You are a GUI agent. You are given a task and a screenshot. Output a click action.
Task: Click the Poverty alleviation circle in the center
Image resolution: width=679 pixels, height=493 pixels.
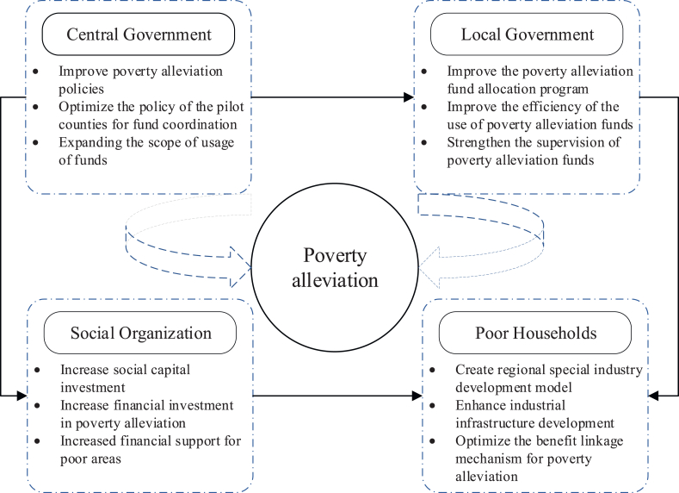tap(335, 269)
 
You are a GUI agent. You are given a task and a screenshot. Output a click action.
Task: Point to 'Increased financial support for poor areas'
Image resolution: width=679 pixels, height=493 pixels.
tap(138, 450)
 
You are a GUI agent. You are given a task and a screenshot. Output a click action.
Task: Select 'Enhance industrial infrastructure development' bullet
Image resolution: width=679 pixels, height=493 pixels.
tap(534, 414)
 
